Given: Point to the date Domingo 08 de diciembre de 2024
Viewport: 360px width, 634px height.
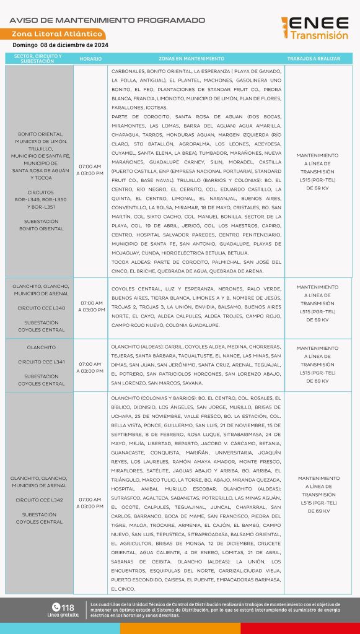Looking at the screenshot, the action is pos(61,45).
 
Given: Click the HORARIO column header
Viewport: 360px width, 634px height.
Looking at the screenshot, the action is pos(90,59).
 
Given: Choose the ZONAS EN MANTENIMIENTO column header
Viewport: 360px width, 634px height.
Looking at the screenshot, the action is pos(191,59).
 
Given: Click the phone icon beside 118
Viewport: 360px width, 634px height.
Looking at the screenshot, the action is pos(56,607).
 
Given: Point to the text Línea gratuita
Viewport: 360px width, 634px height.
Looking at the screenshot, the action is pos(63,615).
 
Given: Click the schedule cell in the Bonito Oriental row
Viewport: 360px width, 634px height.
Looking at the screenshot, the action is pos(90,170).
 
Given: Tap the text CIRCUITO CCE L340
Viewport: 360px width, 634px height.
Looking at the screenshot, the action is pos(41,308).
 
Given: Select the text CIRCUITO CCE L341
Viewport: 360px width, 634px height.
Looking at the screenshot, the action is pos(41,361).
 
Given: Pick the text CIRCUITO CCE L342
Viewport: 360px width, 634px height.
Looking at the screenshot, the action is pos(41,500).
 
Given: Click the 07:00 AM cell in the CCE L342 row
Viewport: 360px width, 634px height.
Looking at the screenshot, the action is pos(90,503).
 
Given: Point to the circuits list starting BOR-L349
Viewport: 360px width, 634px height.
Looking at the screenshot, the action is pos(41,199).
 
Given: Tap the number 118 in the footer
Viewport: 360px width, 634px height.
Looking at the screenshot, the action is pos(68,607).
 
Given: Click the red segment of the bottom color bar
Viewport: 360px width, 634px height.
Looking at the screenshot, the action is pos(300,628).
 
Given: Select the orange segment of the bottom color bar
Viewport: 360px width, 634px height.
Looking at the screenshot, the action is pos(180,628).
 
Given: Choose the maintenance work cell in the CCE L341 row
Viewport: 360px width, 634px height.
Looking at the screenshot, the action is pos(318,365).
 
